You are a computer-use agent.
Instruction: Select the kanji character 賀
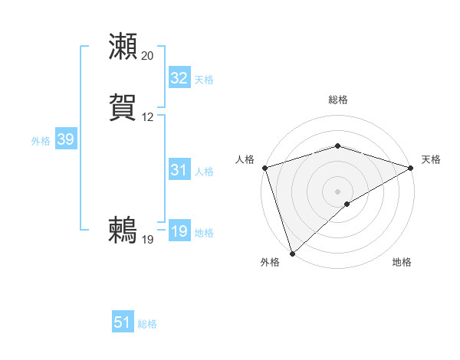pyautogui.click(x=123, y=106)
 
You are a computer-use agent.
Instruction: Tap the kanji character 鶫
pyautogui.click(x=123, y=229)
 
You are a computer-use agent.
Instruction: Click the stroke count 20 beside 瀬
pyautogui.click(x=147, y=56)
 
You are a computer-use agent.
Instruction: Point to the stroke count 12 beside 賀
pyautogui.click(x=147, y=117)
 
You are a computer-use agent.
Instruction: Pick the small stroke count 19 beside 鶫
pyautogui.click(x=147, y=240)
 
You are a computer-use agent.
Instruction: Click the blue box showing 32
pyautogui.click(x=179, y=78)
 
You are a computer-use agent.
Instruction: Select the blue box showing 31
pyautogui.click(x=179, y=170)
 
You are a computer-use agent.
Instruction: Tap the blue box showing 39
pyautogui.click(x=65, y=139)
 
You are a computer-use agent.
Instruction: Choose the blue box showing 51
pyautogui.click(x=123, y=322)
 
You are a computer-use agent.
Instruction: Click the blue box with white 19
pyautogui.click(x=179, y=231)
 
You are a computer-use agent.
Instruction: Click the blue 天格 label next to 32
pyautogui.click(x=204, y=79)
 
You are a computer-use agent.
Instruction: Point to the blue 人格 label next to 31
pyautogui.click(x=204, y=171)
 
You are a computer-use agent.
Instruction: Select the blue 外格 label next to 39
pyautogui.click(x=41, y=140)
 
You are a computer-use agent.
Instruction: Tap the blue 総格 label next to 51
pyautogui.click(x=147, y=324)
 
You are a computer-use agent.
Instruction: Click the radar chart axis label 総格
pyautogui.click(x=338, y=100)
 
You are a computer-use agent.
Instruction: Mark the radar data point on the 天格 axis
pyautogui.click(x=411, y=168)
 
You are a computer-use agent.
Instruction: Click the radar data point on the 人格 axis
pyautogui.click(x=264, y=168)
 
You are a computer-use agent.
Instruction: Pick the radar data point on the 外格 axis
pyautogui.click(x=292, y=254)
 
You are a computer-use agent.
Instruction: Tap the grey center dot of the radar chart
pyautogui.click(x=337, y=191)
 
